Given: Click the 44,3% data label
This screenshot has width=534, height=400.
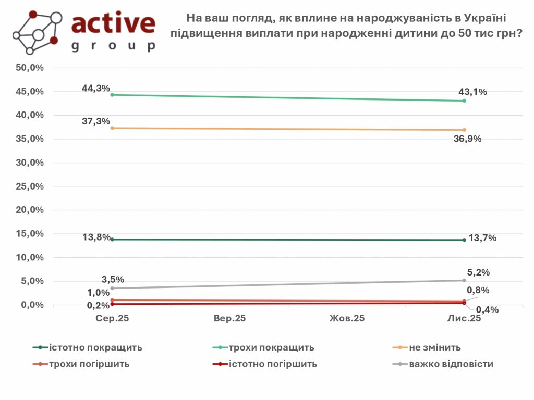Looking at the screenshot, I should [96, 89].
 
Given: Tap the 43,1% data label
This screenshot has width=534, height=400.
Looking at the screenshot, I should [472, 92].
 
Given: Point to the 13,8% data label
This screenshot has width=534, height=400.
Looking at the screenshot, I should [96, 238].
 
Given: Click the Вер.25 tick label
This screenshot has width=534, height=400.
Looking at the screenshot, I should [229, 319].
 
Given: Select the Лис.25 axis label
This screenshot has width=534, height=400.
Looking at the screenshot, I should [464, 319].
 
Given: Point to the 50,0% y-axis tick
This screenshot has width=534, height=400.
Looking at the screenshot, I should [30, 68].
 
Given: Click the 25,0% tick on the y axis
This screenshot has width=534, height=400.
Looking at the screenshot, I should [30, 186].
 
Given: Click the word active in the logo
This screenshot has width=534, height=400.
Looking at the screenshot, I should [113, 23].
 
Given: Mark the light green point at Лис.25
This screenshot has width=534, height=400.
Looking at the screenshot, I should [464, 101].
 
